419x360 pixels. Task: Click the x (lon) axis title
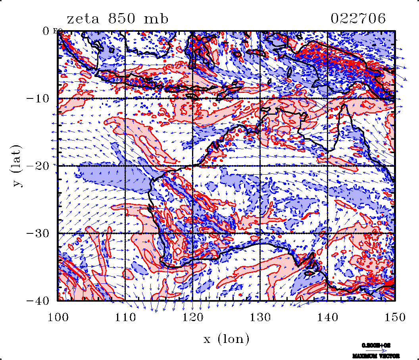click(227, 339)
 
